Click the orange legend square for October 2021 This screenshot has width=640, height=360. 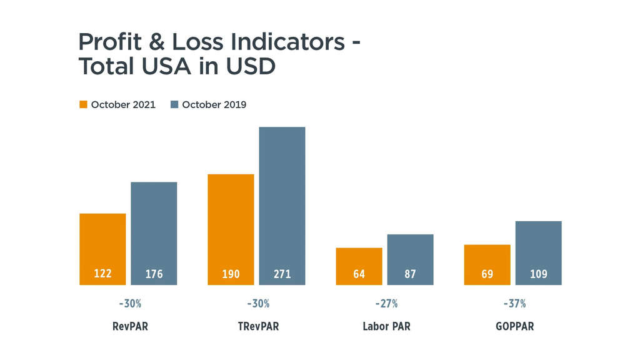pos(83,104)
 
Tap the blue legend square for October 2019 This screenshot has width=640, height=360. pos(174,104)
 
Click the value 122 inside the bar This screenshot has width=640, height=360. pos(102,273)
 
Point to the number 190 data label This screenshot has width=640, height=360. pos(231,274)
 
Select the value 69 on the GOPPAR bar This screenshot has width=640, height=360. pos(487,274)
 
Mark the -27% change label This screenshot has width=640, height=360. pos(386,304)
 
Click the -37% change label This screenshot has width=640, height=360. pos(514,304)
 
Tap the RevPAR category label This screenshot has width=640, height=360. pos(130,326)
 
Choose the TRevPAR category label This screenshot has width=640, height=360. pos(258,326)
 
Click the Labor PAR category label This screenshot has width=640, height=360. pos(386,326)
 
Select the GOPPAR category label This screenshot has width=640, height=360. pos(514,326)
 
